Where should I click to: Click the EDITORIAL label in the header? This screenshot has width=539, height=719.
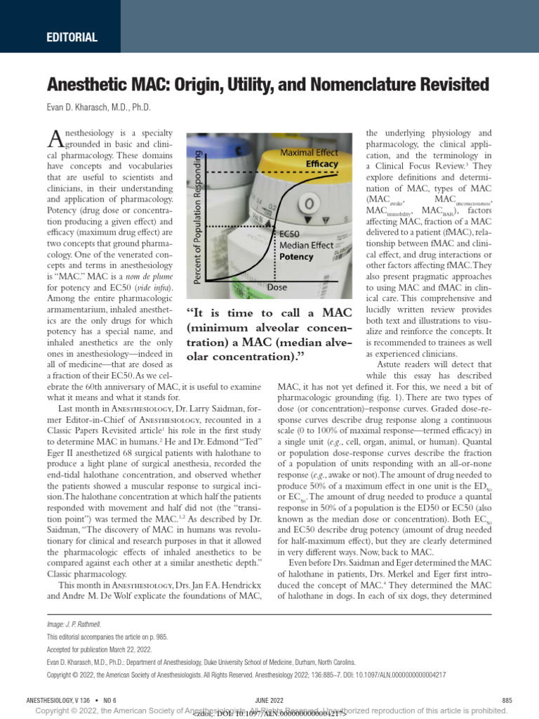coord(72,38)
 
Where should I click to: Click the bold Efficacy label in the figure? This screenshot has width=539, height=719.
coord(321,164)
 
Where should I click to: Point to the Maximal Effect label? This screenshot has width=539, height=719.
coord(309,152)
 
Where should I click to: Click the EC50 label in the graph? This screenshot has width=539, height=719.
coord(289,234)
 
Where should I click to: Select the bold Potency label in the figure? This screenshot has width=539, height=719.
coord(296,257)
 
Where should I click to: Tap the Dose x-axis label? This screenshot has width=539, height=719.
coord(277,287)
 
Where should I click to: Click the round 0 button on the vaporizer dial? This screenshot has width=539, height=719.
coord(306,205)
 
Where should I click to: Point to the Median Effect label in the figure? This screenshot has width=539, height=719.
coord(306,245)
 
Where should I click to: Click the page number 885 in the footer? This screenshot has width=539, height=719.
coord(507,700)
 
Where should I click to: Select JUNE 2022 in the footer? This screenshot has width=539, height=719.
coord(269,700)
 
